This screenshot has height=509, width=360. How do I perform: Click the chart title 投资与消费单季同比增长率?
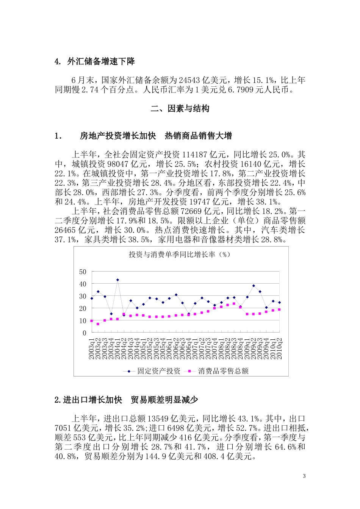(x=179, y=254)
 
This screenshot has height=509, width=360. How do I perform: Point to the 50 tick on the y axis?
(x=83, y=272)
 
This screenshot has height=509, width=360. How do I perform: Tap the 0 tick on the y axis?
(x=85, y=333)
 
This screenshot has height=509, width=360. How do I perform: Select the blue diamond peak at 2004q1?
(x=117, y=280)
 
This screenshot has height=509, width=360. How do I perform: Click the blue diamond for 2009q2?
(x=254, y=286)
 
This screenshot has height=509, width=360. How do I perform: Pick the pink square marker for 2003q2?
(x=98, y=324)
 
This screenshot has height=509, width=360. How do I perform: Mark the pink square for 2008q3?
(x=234, y=304)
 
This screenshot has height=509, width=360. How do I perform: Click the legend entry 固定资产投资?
(x=158, y=371)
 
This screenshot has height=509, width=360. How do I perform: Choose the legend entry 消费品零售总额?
(x=223, y=371)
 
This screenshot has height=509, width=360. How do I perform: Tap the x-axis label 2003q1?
(x=91, y=349)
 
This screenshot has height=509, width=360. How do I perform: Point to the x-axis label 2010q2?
(x=280, y=349)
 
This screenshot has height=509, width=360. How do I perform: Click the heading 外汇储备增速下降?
(x=101, y=62)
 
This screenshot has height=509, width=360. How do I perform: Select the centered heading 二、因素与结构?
(x=180, y=109)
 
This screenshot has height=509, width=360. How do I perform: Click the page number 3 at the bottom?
(x=304, y=476)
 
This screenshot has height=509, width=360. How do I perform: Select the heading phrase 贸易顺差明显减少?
(x=164, y=400)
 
